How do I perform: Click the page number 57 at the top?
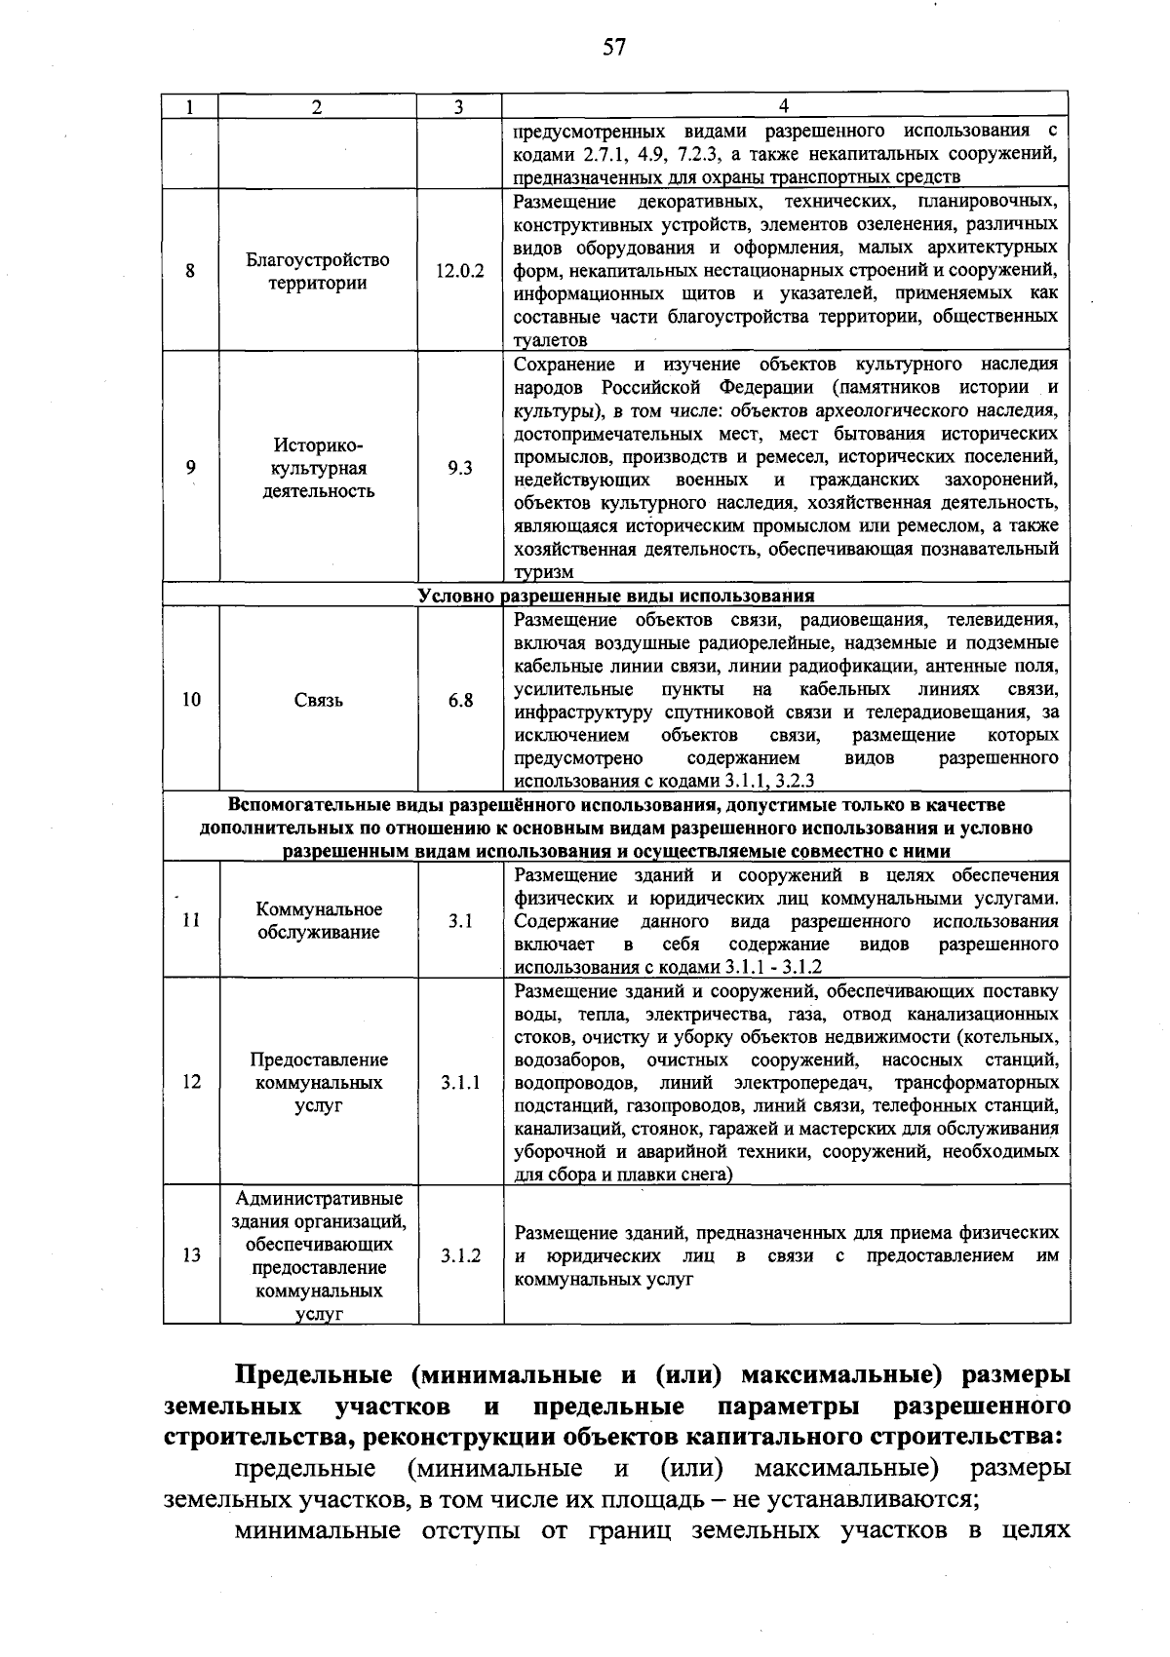613,47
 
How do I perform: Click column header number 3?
459,107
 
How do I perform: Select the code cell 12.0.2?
459,272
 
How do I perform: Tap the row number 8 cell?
191,271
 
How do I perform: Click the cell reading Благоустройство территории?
318,272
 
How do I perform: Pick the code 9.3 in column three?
459,468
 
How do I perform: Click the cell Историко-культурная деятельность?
318,468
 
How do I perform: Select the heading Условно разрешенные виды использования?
616,596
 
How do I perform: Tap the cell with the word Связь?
318,700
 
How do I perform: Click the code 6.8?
460,700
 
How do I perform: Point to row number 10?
191,700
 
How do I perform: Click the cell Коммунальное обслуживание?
318,920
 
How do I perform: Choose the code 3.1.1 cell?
459,1082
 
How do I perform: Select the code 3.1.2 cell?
459,1255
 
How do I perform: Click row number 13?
191,1255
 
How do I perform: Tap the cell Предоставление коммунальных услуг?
318,1082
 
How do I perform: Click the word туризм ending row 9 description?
544,572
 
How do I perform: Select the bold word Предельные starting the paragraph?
313,1375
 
